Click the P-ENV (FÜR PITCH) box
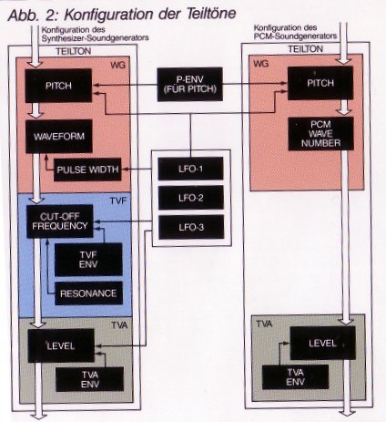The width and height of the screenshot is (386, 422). [190, 85]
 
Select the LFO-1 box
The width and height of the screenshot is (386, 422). [190, 169]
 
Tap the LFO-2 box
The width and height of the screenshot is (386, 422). [191, 198]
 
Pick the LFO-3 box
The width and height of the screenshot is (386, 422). [191, 227]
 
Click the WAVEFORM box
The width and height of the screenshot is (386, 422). [59, 136]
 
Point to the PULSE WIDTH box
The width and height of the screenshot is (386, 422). [87, 170]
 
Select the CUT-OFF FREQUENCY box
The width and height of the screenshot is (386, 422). [60, 221]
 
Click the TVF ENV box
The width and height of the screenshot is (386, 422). [88, 260]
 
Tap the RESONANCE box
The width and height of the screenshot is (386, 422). [88, 293]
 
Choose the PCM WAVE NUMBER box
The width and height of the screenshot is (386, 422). [320, 134]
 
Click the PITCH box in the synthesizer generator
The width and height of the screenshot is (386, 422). [58, 86]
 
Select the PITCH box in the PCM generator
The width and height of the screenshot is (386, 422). [320, 83]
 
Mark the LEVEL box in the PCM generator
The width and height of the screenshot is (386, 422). [322, 344]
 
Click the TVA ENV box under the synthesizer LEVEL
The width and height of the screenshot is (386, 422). [90, 379]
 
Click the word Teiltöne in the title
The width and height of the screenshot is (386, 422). [211, 14]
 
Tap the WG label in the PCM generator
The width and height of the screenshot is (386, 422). [261, 64]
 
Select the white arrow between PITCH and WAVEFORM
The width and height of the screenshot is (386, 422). [36, 110]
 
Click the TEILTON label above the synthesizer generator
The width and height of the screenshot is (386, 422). [74, 51]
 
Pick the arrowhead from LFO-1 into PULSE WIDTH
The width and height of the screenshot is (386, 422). [124, 170]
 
